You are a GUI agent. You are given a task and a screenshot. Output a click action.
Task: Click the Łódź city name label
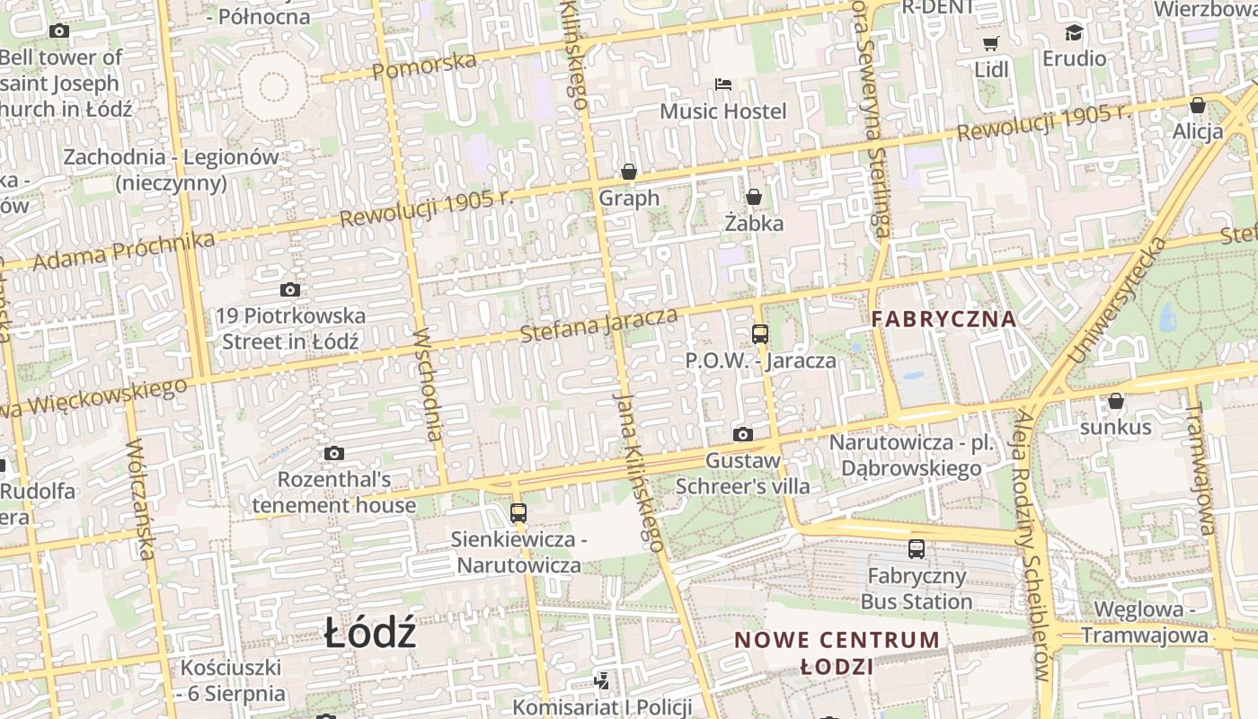pyautogui.click(x=370, y=635)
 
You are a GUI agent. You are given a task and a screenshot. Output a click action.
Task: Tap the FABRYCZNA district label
pyautogui.click(x=943, y=318)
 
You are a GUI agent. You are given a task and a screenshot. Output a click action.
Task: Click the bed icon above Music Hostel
pyautogui.click(x=723, y=84)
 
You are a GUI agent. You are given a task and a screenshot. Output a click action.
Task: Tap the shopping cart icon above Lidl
pyautogui.click(x=991, y=43)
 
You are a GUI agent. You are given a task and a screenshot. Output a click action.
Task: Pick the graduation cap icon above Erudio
pyautogui.click(x=1074, y=33)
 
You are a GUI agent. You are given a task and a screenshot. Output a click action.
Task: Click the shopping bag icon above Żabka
pyautogui.click(x=754, y=196)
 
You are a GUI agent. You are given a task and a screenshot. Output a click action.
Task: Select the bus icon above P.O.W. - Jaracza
pyautogui.click(x=760, y=334)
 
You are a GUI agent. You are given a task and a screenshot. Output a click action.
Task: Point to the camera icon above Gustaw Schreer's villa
pyautogui.click(x=743, y=435)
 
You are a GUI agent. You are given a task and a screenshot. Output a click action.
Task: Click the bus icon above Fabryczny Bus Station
pyautogui.click(x=917, y=549)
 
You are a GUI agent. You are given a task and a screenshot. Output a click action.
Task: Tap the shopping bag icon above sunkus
pyautogui.click(x=1115, y=401)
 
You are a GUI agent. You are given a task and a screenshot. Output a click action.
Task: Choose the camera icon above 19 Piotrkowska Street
pyautogui.click(x=289, y=289)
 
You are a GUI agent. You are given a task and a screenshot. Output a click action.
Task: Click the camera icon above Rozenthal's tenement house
pyautogui.click(x=334, y=453)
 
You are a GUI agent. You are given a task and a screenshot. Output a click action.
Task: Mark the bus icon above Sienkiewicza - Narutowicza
pyautogui.click(x=518, y=513)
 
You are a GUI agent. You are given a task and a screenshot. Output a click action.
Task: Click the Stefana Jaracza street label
pyautogui.click(x=598, y=324)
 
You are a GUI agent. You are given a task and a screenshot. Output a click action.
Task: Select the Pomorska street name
pyautogui.click(x=423, y=66)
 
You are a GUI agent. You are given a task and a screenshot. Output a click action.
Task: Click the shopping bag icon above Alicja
pyautogui.click(x=1197, y=105)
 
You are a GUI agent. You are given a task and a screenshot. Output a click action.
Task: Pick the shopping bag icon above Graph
pyautogui.click(x=629, y=172)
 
